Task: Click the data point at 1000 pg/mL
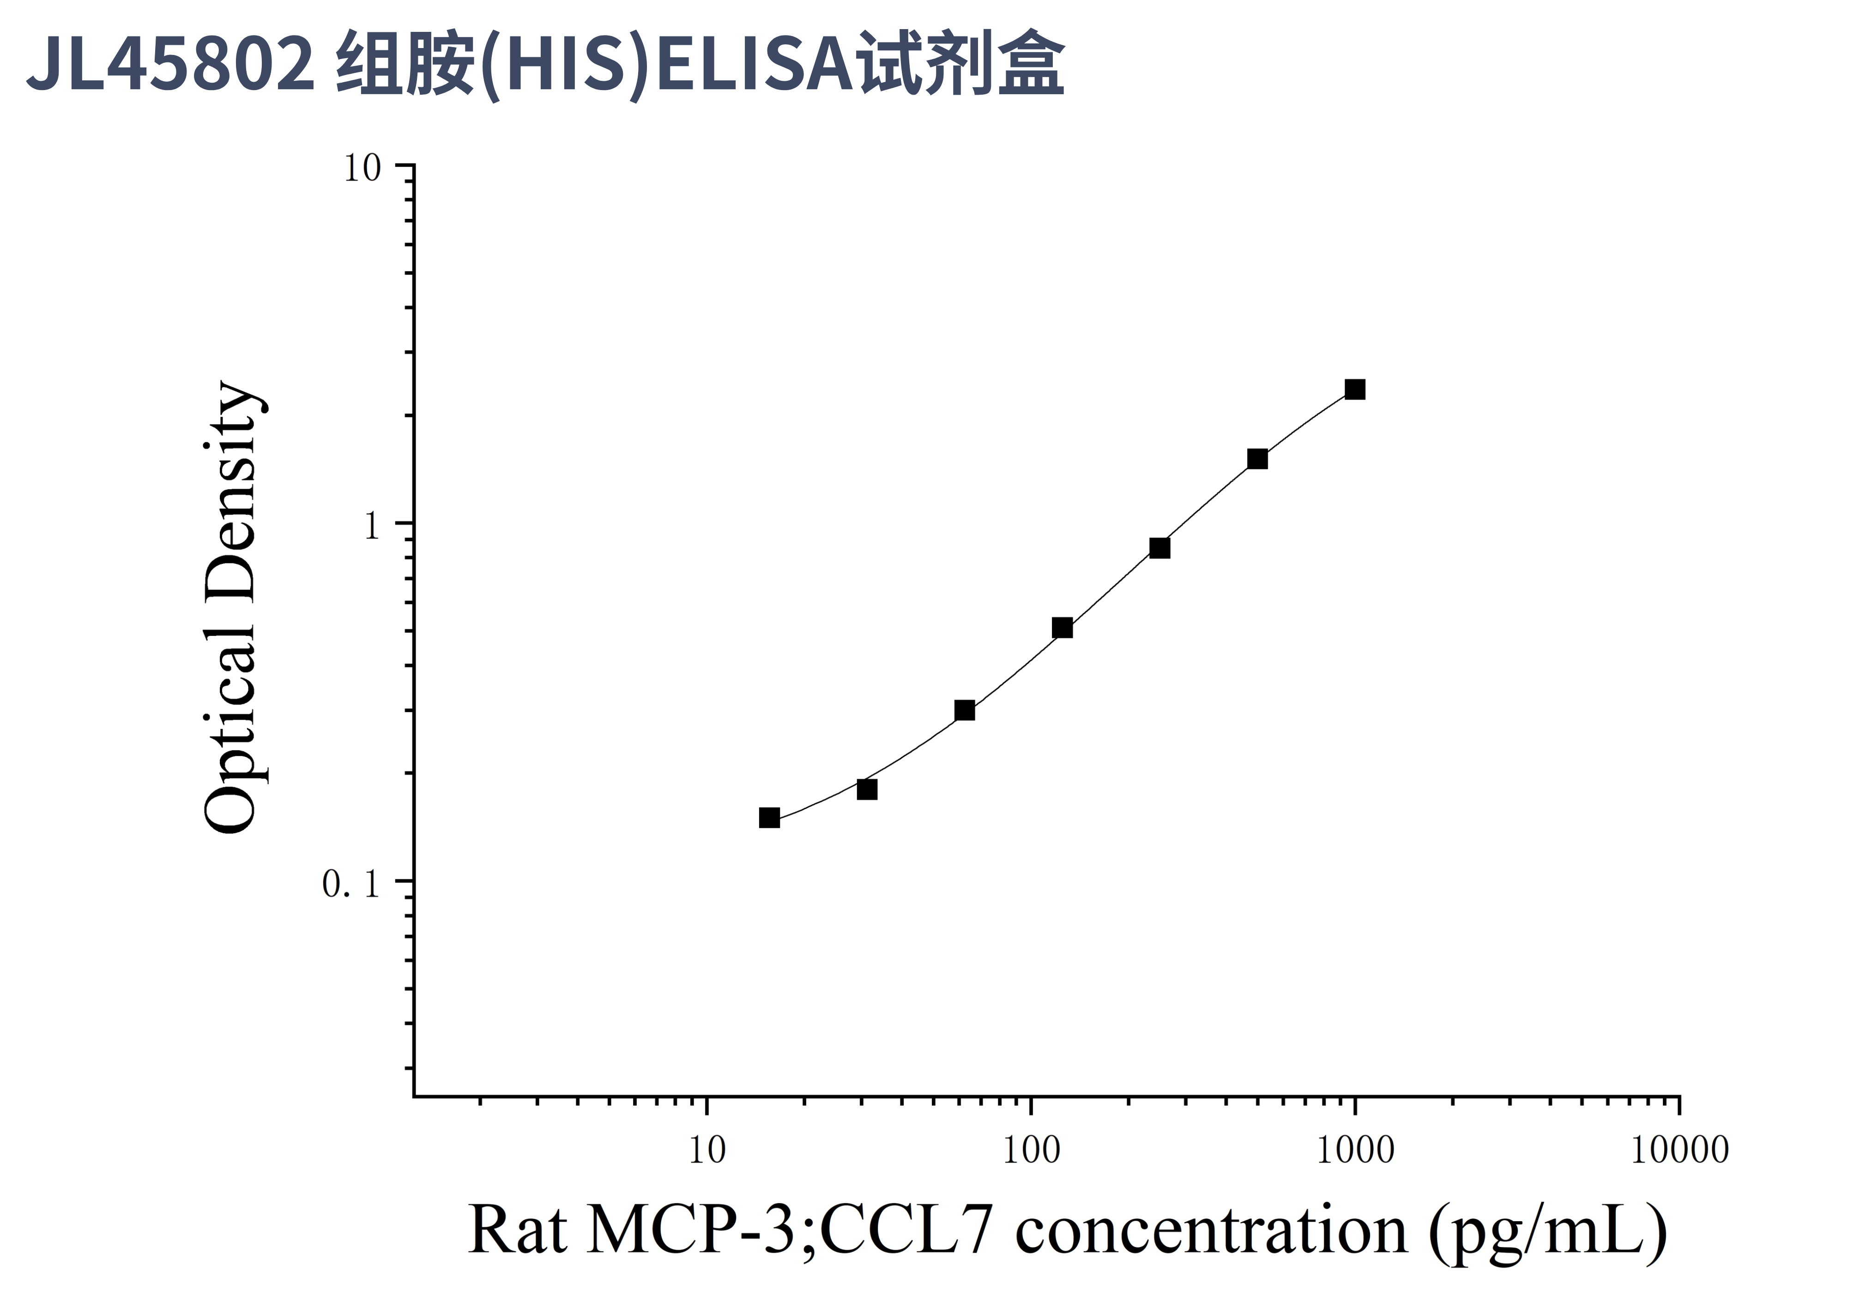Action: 1355,390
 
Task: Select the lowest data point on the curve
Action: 770,818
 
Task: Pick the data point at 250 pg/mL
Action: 1160,548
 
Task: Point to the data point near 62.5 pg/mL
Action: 964,710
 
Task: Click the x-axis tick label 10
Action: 707,1151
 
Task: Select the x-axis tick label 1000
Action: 1355,1151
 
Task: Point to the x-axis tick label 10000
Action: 1679,1151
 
